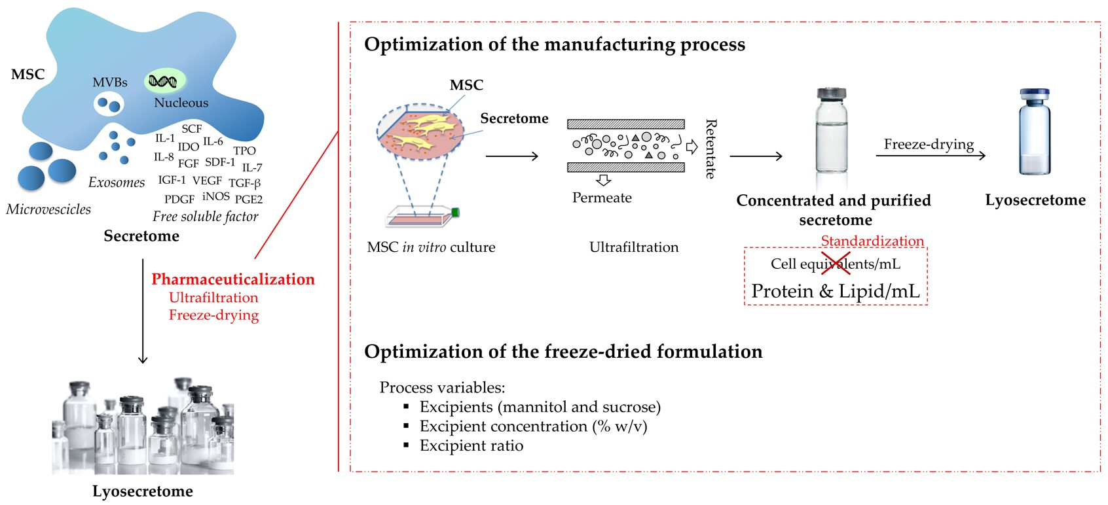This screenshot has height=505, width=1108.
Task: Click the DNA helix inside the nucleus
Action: pos(162,81)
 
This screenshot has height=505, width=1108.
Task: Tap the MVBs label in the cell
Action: pos(109,82)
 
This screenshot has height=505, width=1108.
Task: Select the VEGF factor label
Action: pos(207,181)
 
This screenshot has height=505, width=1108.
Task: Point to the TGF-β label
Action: pos(244,183)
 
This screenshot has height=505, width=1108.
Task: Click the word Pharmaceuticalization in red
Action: pos(232,279)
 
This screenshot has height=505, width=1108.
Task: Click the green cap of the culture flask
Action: pos(455,213)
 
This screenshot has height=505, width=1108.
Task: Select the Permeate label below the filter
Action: pos(601,198)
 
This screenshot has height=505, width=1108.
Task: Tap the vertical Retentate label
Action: pos(711,149)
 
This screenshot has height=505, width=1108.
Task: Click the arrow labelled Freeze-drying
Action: pos(930,155)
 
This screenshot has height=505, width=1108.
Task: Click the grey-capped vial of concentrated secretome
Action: pos(831,131)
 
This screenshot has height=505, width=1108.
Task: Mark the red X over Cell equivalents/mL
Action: pos(835,263)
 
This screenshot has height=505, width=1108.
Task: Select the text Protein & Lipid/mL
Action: pos(835,291)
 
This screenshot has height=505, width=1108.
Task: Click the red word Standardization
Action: pos(872,241)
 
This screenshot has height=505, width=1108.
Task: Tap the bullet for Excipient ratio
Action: pos(406,445)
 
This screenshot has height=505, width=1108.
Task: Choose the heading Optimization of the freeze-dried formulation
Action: pos(563,352)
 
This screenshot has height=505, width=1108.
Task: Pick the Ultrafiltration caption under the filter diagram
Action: pos(633,247)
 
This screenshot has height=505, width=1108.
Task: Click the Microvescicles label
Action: pos(48,209)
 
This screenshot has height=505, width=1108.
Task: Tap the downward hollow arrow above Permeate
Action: pos(603,180)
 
